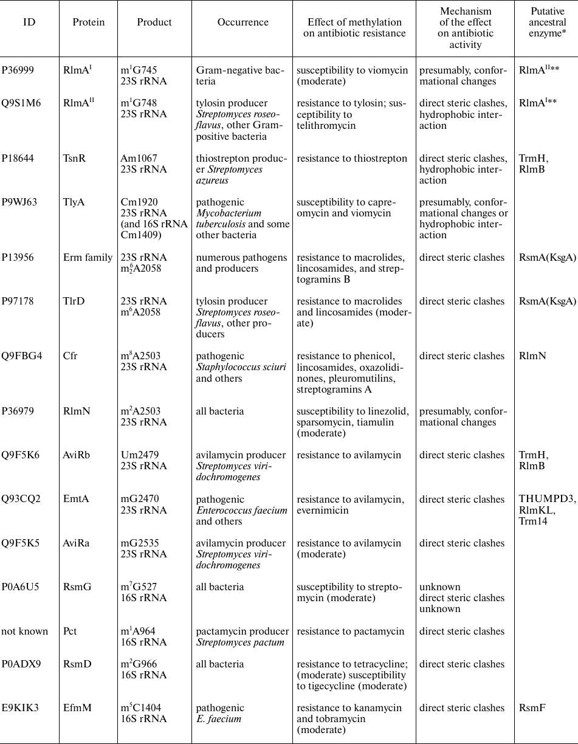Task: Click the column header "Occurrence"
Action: [243, 22]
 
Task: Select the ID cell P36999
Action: [18, 71]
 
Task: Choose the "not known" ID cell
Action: [25, 632]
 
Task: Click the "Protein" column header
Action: [88, 22]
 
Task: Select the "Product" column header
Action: [154, 22]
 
